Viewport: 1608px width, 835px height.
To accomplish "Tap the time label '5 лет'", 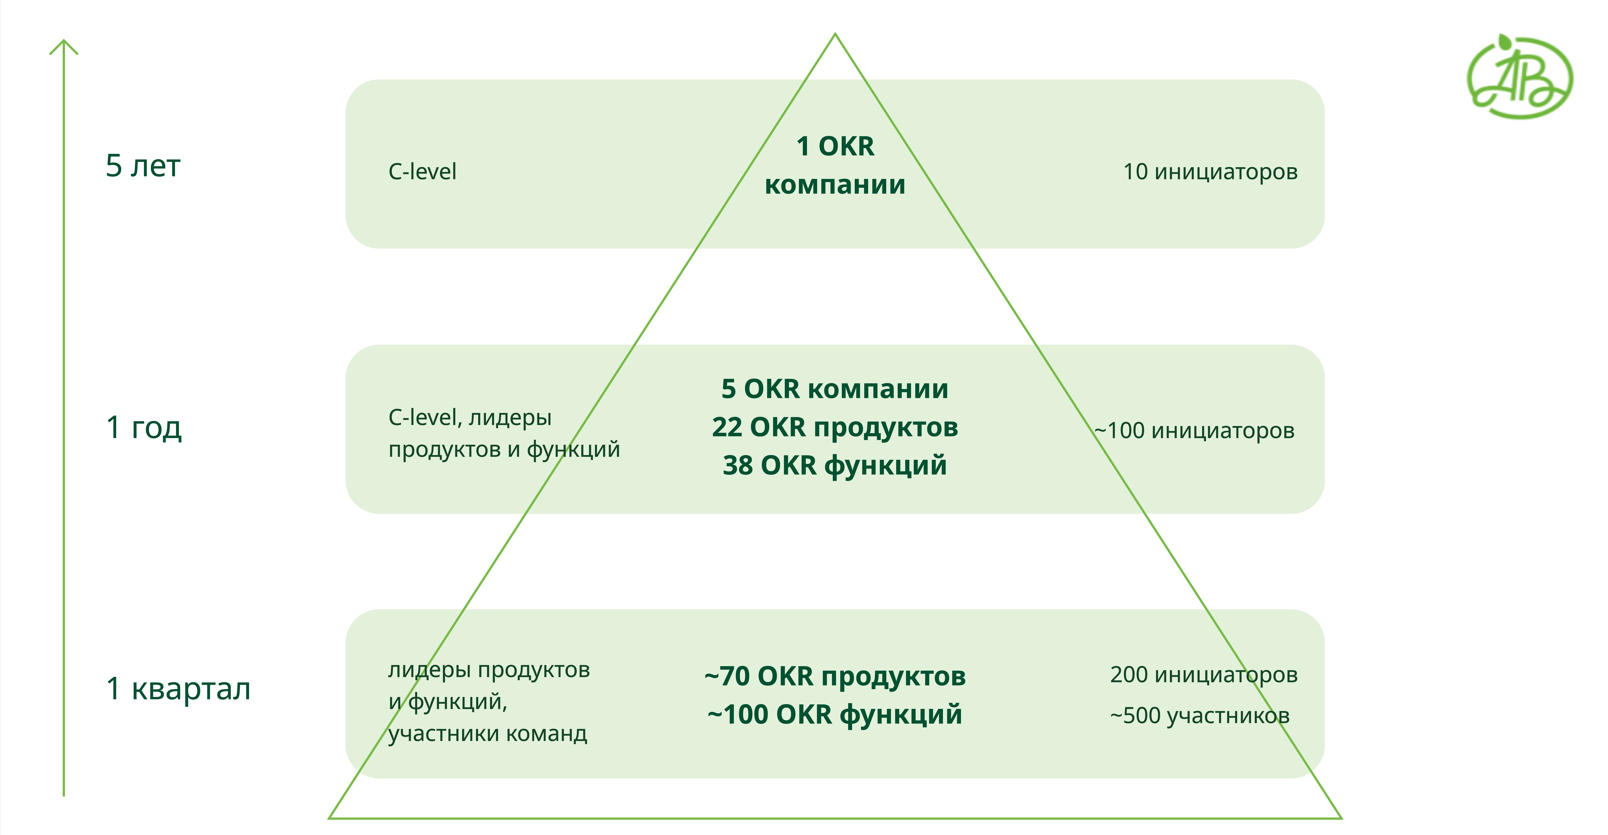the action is point(143,166).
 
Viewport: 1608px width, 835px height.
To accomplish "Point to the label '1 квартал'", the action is point(178,689).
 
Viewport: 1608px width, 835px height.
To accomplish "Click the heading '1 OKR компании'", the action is point(835,165).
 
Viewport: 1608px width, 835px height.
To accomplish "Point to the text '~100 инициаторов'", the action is point(1194,431).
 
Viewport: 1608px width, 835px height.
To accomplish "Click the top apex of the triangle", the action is point(835,34).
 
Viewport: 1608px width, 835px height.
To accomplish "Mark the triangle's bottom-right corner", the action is point(1341,817).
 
